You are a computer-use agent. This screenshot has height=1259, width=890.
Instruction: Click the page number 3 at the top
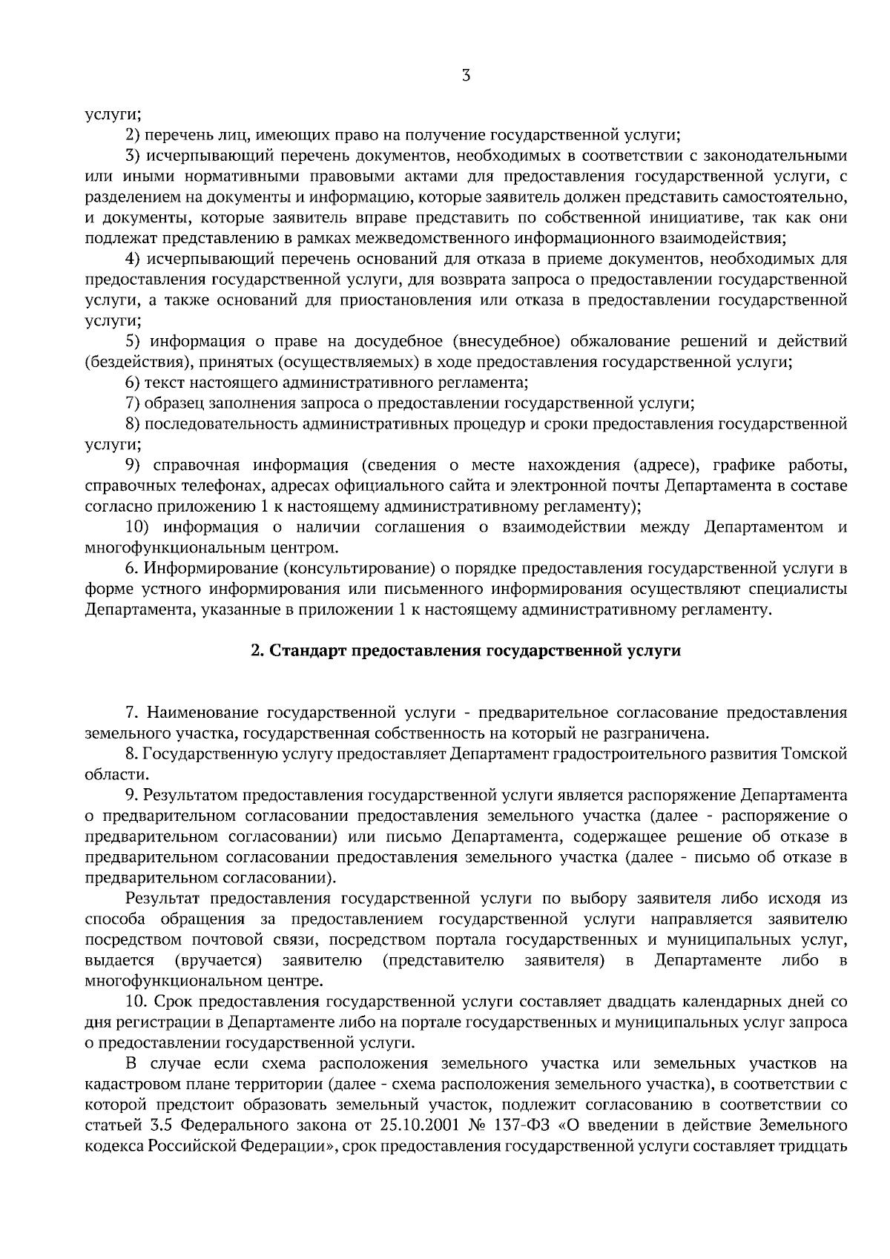[466, 75]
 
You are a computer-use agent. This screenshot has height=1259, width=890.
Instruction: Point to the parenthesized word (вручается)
[219, 961]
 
